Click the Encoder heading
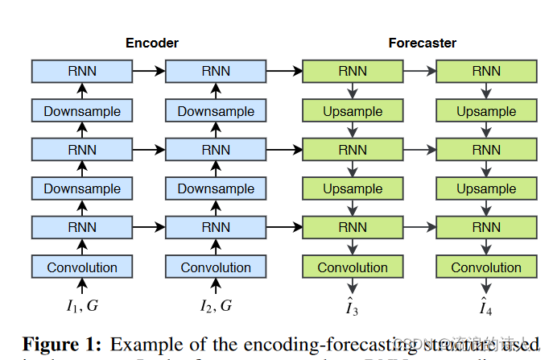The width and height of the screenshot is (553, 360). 151,43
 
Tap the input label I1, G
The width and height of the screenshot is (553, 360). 82,305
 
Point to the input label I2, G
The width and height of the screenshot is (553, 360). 216,305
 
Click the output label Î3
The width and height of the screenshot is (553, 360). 353,306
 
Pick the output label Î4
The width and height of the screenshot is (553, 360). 486,306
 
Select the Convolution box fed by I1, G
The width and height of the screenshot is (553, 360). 82,267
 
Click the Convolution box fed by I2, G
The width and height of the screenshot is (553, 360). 216,267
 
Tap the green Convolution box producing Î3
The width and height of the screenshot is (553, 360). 353,267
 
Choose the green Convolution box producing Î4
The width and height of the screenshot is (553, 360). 486,267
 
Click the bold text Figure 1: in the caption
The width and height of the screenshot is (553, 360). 62,344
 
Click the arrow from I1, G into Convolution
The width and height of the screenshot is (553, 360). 82,286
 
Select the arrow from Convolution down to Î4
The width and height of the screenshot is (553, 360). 486,287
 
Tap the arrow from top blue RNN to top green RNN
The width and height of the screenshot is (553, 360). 283,71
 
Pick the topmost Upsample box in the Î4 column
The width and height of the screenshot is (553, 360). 486,111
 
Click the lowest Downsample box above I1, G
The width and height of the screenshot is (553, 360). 82,189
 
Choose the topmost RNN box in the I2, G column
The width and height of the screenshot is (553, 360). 216,71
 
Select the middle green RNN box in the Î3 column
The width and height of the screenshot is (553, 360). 353,150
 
